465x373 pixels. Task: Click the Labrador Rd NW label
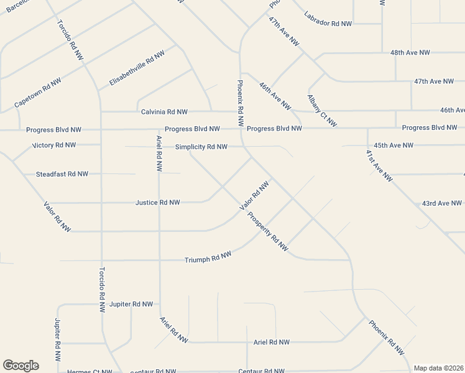[x=328, y=23]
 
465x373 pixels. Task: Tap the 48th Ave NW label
[x=410, y=53]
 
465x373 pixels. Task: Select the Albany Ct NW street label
[x=322, y=111]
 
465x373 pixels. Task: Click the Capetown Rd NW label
[x=38, y=93]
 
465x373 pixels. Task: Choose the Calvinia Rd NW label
[x=164, y=112]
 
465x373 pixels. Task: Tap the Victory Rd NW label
[x=53, y=145]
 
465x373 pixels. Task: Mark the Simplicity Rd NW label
[x=201, y=147]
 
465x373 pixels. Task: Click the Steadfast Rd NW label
[x=62, y=174]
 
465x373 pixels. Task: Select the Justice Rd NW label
[x=158, y=203]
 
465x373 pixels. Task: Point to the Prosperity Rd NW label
[x=268, y=232]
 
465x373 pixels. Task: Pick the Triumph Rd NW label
[x=208, y=257]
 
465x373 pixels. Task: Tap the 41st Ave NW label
[x=379, y=165]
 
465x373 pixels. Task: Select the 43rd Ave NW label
[x=442, y=203]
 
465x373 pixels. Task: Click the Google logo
[x=21, y=366]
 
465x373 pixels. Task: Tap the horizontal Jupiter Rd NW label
[x=131, y=304]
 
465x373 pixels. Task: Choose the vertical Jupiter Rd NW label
[x=57, y=341]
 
